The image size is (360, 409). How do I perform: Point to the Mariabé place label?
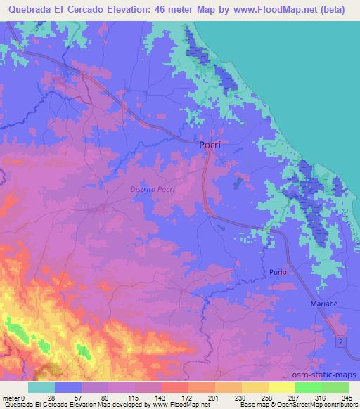click(323, 304)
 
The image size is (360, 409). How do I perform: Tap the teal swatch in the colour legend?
click(41, 387)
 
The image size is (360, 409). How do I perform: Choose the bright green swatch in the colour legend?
click(309, 387)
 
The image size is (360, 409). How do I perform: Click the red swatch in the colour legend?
click(175, 387)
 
